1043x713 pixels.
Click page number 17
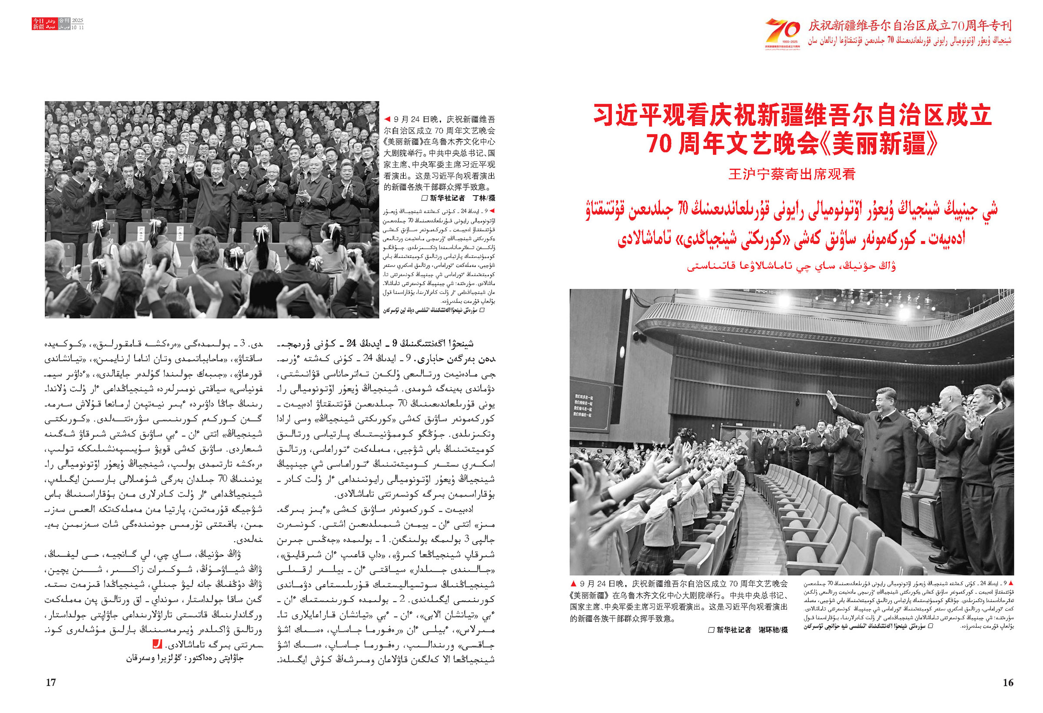coord(51,683)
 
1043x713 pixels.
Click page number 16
coord(1007,683)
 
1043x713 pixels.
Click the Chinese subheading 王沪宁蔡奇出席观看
coord(792,174)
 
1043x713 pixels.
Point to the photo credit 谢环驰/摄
coord(773,630)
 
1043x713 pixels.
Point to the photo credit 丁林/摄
coord(483,198)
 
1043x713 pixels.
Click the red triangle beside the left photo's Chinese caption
coord(387,120)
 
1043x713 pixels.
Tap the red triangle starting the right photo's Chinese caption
coord(573,584)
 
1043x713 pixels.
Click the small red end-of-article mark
coord(157,644)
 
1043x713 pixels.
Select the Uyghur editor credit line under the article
coord(185,659)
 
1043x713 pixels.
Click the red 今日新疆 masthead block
coord(38,24)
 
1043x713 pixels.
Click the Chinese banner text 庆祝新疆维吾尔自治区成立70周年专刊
coord(909,26)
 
